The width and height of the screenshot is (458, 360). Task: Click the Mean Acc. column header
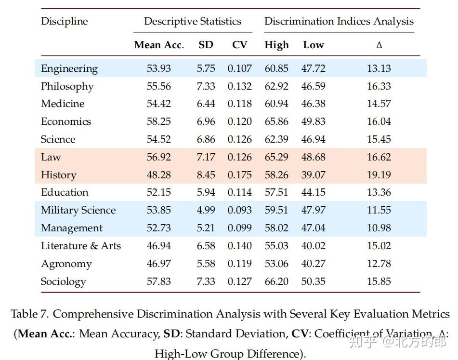click(x=159, y=45)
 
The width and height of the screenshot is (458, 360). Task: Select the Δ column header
click(x=379, y=45)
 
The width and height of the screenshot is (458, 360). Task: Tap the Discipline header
click(x=65, y=21)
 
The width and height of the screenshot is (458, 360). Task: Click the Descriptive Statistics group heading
click(x=193, y=21)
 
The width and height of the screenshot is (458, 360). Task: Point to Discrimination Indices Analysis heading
click(x=339, y=21)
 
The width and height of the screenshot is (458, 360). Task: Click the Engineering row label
click(x=69, y=68)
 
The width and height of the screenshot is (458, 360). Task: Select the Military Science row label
click(x=78, y=210)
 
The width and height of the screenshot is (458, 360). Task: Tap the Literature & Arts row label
click(x=81, y=246)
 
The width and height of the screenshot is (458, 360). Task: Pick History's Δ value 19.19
click(x=379, y=175)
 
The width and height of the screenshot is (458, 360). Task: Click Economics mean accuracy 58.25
click(x=159, y=121)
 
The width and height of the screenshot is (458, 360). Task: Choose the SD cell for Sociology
click(x=206, y=281)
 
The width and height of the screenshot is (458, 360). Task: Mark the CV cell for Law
click(x=239, y=157)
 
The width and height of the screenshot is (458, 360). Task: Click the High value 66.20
click(x=276, y=281)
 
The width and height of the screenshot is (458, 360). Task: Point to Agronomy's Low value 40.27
click(x=314, y=264)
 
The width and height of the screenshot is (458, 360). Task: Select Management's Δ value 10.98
click(x=379, y=228)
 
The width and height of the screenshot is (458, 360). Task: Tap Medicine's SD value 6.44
click(x=206, y=104)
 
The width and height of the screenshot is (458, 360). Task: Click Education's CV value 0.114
click(x=239, y=192)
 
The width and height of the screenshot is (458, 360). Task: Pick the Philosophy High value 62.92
click(x=276, y=86)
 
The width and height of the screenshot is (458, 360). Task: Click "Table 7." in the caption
click(x=30, y=314)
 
